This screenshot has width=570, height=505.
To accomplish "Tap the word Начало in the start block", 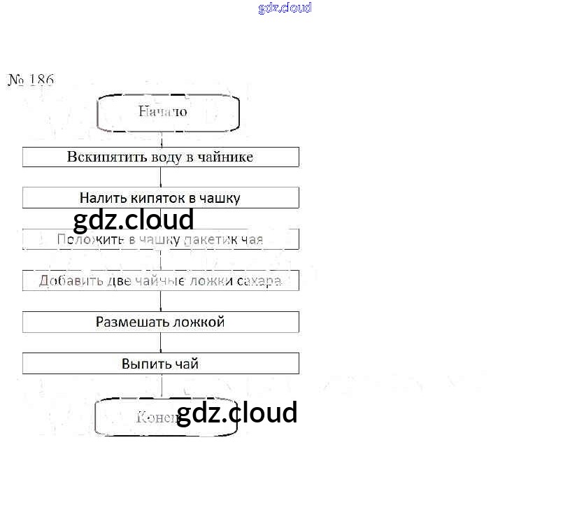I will pos(162,111).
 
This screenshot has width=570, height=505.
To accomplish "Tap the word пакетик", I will pos(208,240).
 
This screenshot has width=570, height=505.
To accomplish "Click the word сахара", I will pos(259,281).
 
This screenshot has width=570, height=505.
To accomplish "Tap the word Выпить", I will pos(144,364).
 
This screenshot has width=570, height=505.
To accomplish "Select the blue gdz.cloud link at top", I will pos(285,8).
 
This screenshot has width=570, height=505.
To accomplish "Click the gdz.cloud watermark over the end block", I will pos(236,412).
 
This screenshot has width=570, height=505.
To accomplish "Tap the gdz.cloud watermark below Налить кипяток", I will pos(133,220).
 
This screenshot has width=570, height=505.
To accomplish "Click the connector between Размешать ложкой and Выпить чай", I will pos(162,343).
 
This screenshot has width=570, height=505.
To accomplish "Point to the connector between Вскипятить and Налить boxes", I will pos(162,177).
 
